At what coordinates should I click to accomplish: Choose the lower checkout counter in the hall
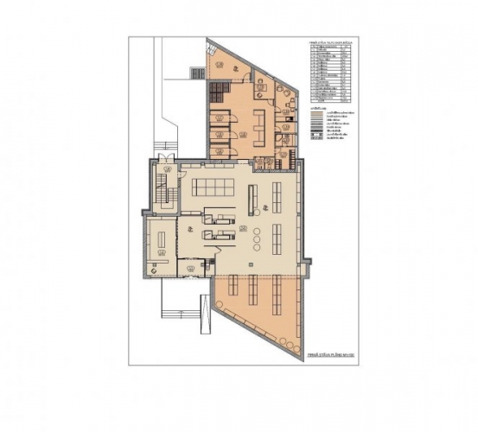click(218, 234)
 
